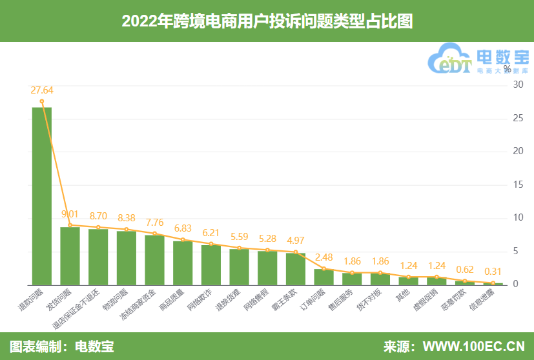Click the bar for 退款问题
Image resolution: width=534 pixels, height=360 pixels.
pos(42,196)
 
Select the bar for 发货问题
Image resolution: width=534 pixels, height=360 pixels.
pos(70,256)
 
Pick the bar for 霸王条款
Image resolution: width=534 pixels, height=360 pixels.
pos(296,269)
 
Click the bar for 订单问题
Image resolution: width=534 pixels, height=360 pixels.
pos(324,277)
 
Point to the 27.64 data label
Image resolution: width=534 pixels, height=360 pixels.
pos(42,90)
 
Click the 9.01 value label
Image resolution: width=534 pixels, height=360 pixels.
pos(70,214)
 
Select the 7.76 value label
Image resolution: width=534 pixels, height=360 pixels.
pos(155,222)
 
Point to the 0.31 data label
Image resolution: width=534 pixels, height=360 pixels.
pos(493,272)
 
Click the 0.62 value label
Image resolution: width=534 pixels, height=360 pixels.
pos(465,270)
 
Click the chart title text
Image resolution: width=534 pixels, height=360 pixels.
pos(267,21)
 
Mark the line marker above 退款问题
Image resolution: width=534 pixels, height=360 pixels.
pos(42,101)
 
